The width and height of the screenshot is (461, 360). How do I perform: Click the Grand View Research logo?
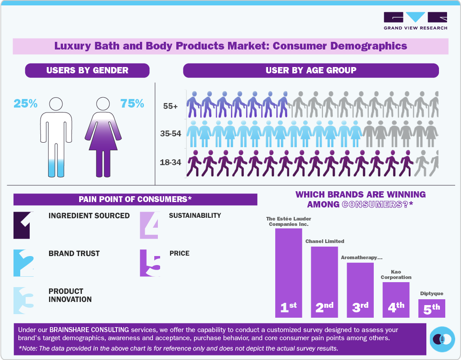(415, 21)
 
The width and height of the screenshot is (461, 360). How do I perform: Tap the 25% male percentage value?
(25, 103)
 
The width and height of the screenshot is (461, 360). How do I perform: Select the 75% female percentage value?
(132, 103)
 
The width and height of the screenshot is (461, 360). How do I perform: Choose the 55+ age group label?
(170, 107)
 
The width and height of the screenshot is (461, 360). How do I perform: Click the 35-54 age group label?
(170, 134)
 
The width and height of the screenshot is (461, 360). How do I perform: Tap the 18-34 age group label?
(170, 162)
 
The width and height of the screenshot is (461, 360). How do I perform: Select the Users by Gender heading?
(87, 70)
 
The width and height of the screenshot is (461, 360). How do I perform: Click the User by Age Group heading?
(311, 70)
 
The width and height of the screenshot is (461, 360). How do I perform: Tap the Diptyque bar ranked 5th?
(432, 308)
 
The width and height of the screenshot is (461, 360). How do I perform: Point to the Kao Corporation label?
(396, 274)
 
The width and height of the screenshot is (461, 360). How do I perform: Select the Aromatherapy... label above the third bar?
(361, 258)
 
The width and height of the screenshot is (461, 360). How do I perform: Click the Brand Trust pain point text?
(74, 253)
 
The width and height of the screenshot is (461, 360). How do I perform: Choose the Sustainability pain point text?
(195, 216)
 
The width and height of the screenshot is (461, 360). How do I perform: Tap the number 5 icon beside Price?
(150, 263)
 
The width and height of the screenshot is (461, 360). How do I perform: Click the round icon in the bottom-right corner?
(443, 338)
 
